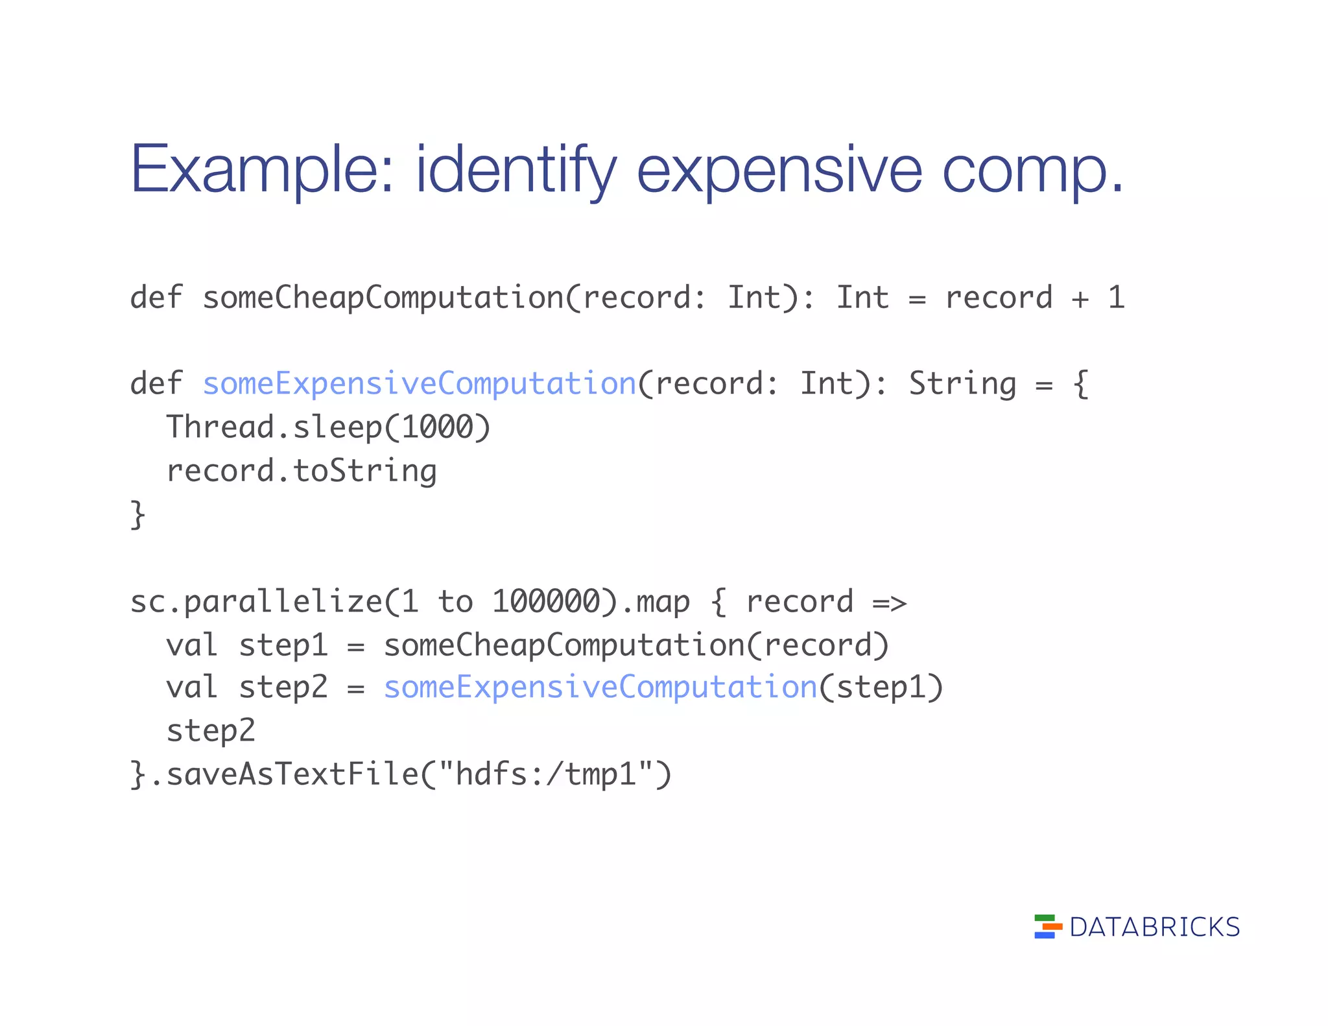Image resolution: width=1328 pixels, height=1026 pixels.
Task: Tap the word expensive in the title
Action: pos(779,170)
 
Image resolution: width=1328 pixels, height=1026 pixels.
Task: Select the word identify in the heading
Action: pos(516,170)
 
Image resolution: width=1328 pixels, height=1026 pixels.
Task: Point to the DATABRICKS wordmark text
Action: pos(1154,927)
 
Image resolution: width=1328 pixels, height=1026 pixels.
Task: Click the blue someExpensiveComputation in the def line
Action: pos(420,383)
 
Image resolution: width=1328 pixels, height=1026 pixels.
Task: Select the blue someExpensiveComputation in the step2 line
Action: pos(600,687)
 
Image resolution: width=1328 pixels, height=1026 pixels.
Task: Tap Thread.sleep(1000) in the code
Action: pos(329,427)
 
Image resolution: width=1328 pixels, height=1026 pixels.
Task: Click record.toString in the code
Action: pos(302,471)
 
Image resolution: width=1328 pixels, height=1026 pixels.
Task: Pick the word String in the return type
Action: pos(962,383)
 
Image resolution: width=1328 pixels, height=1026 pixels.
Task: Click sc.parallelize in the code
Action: pos(256,601)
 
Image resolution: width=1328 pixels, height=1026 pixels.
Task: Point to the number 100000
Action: pos(546,601)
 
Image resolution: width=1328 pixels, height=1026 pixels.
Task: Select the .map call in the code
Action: pos(656,602)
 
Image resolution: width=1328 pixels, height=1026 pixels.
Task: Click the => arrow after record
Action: pos(889,602)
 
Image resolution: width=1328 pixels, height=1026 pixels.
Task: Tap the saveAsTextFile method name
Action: pos(292,774)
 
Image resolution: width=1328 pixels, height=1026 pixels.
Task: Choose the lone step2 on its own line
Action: pos(211,731)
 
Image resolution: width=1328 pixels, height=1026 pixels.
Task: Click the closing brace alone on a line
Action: pos(137,515)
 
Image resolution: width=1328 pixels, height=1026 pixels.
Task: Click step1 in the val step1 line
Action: pos(283,645)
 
